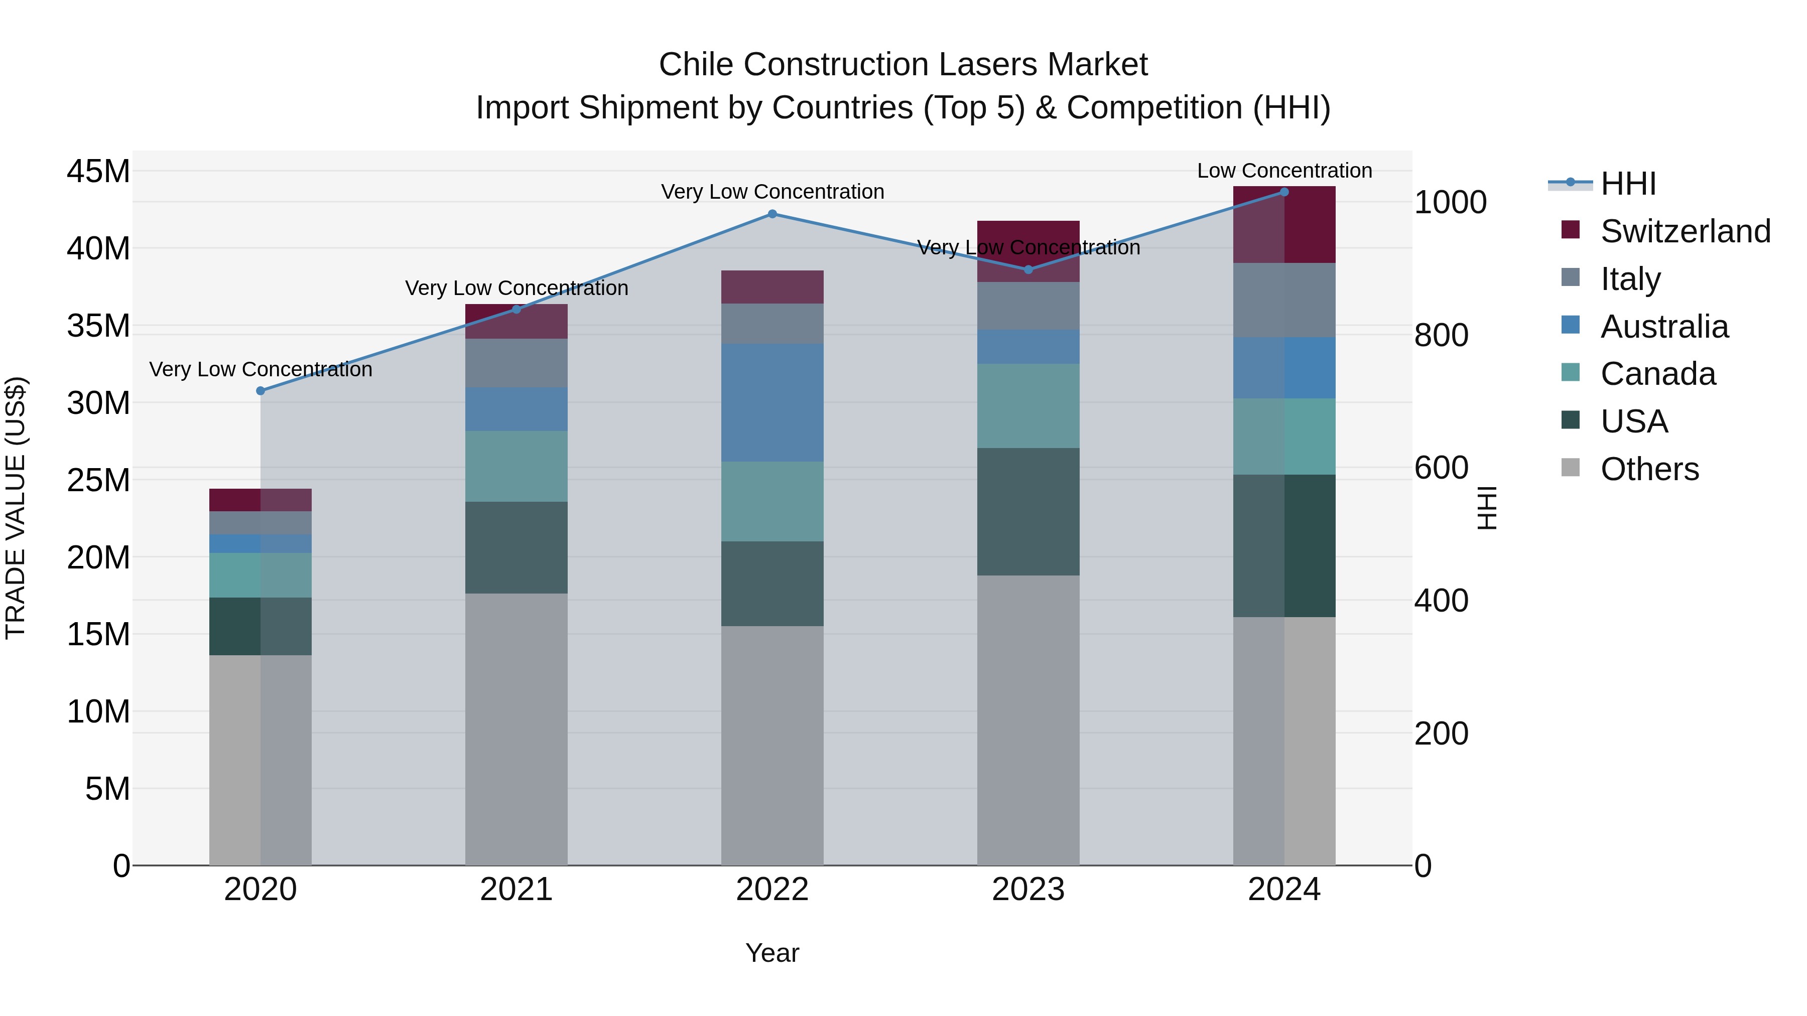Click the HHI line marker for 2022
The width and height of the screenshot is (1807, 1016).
pos(772,214)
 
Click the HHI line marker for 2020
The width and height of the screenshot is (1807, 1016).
pos(260,390)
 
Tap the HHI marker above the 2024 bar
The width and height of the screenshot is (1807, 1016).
pos(1284,192)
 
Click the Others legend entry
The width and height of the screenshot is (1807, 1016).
pos(1648,469)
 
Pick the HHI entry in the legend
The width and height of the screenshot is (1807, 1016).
pos(1627,184)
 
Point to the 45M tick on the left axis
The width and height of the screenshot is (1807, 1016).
pos(98,172)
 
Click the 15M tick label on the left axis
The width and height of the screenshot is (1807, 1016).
pos(98,635)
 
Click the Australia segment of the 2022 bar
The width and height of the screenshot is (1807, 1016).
pos(772,402)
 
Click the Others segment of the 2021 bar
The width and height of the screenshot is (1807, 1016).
pos(517,729)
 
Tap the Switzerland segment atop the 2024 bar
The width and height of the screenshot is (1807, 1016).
pos(1284,224)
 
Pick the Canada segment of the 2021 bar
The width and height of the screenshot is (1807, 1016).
pos(517,466)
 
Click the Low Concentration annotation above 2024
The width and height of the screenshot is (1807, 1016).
pos(1284,171)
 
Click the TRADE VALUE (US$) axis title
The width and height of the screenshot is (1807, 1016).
pos(16,508)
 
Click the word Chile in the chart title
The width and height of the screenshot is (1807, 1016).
pos(696,65)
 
